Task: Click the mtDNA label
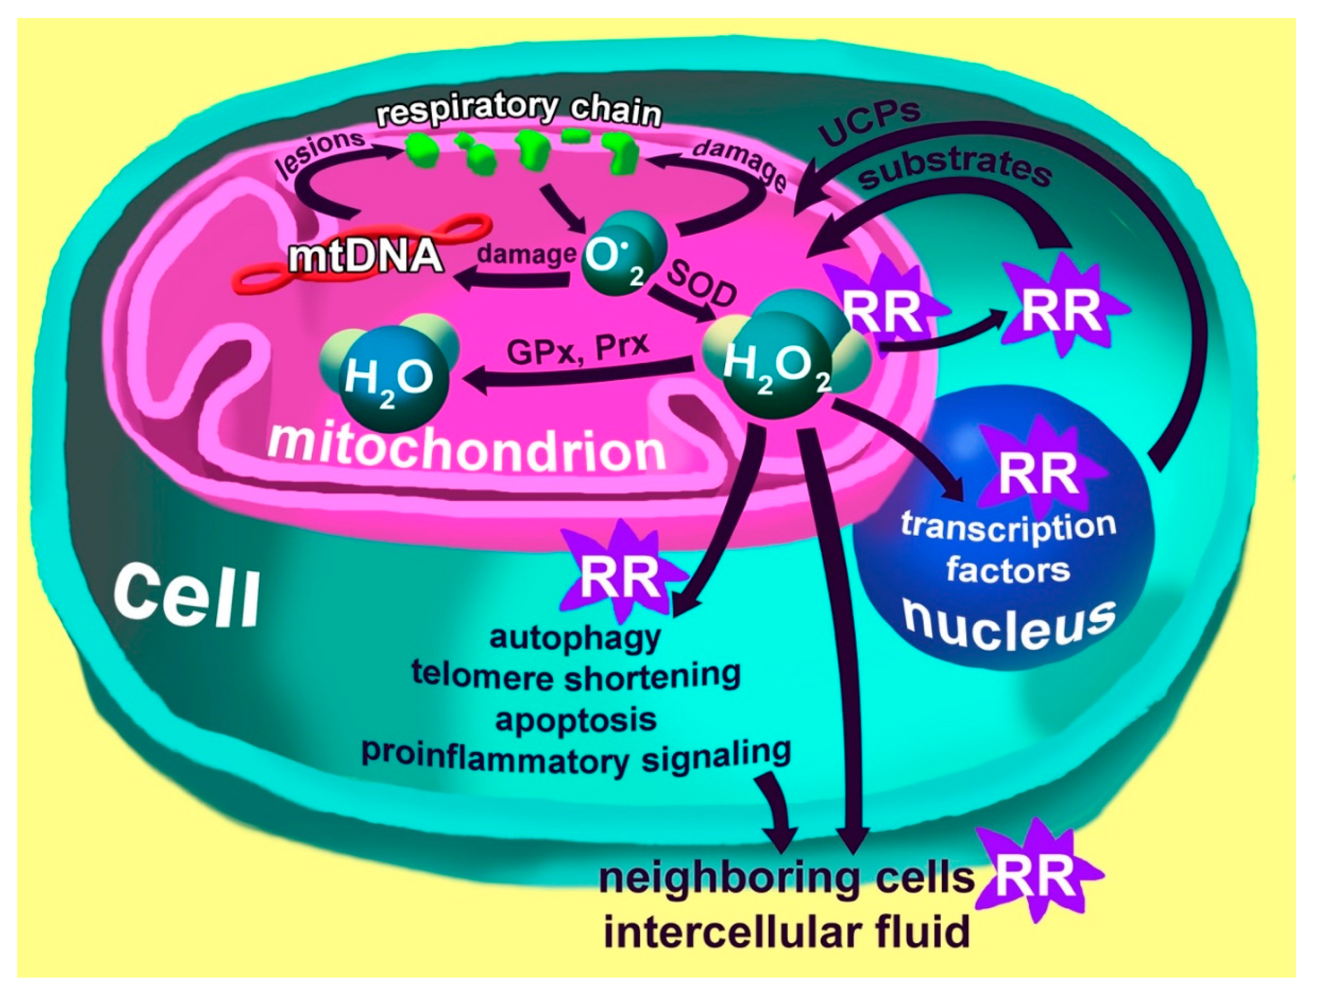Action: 366,258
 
